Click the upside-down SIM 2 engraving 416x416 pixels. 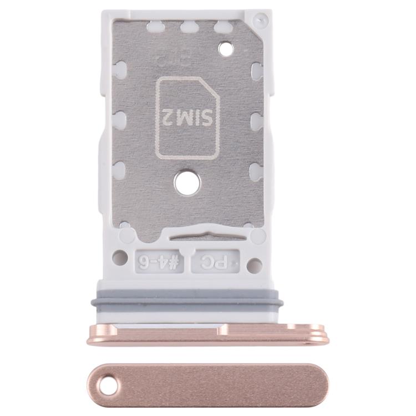click(187, 117)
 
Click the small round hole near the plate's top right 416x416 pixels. click(226, 49)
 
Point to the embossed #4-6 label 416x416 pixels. click(159, 261)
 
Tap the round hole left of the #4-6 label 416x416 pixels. click(119, 257)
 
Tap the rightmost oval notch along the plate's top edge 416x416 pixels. click(222, 26)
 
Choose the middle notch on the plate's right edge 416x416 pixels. click(257, 120)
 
